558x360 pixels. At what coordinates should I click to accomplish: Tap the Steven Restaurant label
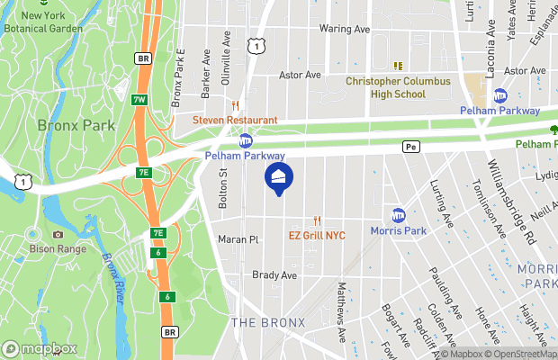(233, 120)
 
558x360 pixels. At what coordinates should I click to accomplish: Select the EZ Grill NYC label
(317, 236)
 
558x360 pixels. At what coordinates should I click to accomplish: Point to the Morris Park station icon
(399, 215)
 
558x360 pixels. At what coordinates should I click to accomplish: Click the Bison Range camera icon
(58, 234)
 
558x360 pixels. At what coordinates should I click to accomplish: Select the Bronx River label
(113, 275)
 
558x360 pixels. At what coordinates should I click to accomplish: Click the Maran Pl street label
(238, 240)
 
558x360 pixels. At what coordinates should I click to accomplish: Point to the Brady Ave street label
(274, 275)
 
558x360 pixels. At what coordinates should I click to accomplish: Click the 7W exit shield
(139, 100)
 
